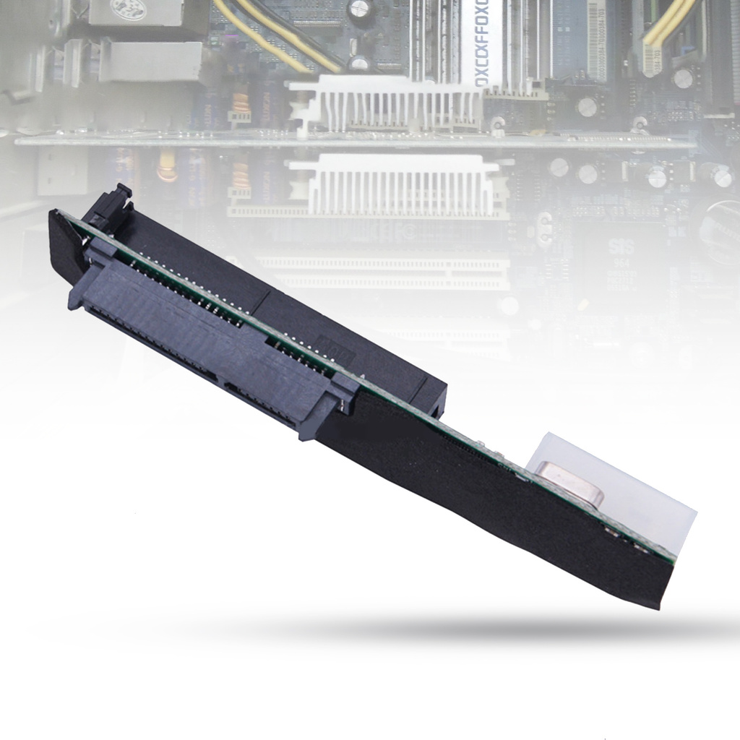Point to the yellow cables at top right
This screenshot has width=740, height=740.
coord(665,29)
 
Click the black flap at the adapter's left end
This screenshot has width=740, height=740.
coord(65,246)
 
